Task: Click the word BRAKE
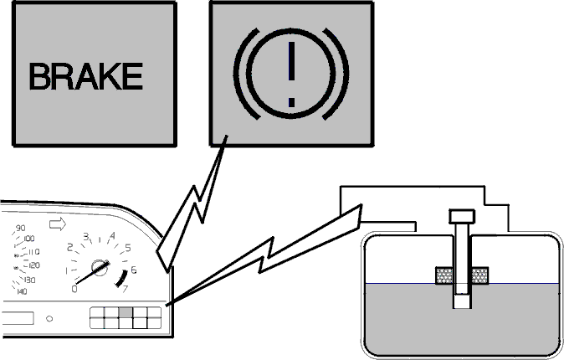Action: (x=85, y=76)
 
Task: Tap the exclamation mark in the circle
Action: (x=291, y=75)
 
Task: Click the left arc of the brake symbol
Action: (x=244, y=74)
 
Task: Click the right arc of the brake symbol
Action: (x=337, y=74)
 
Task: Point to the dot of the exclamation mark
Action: (x=292, y=102)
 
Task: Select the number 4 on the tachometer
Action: (x=113, y=236)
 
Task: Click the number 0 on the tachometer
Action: (x=74, y=289)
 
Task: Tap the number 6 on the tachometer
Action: (x=133, y=270)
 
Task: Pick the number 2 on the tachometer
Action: (x=69, y=247)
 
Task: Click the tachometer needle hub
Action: (x=100, y=267)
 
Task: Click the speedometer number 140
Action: (x=22, y=291)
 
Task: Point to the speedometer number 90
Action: (x=21, y=228)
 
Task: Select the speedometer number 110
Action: (x=33, y=252)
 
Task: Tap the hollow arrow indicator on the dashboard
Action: (x=58, y=224)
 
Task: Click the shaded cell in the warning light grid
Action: (x=126, y=312)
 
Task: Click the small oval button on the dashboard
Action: (x=49, y=319)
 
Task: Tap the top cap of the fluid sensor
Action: (x=462, y=216)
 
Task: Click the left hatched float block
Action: (x=444, y=275)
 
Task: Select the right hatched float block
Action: (x=479, y=275)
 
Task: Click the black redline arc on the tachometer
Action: (x=123, y=278)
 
